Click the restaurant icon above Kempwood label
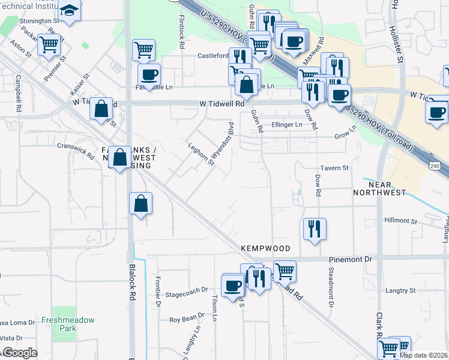coord(315,228)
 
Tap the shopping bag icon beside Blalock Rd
coord(140,203)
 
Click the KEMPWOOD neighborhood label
coord(265,248)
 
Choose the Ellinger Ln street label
coord(288,125)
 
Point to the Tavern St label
coord(334,168)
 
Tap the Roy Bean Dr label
coord(187,320)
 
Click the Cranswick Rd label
coord(75,150)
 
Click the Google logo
coord(19,353)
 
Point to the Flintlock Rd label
coord(181,26)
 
